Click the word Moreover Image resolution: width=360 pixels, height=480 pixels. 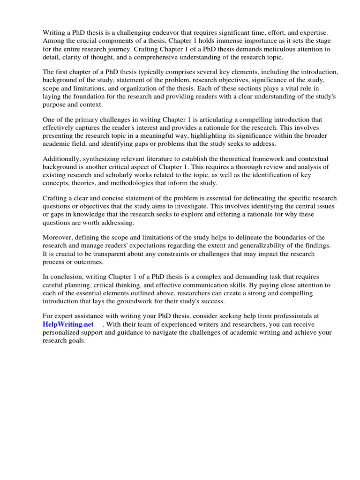click(59, 237)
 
